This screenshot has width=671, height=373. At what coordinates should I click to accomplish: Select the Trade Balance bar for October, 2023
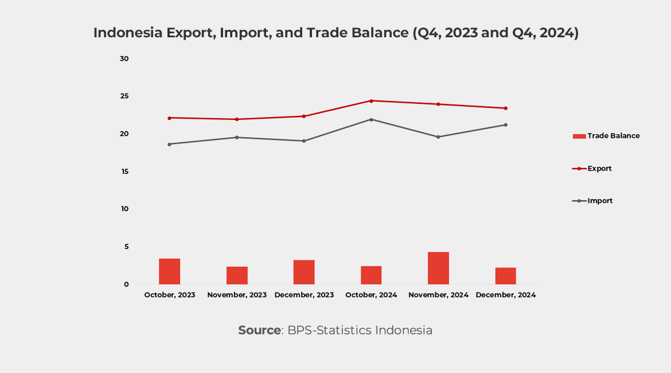169,271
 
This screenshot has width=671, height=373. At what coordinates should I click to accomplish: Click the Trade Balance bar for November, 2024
438,268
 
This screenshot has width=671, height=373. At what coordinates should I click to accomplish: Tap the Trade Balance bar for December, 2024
505,276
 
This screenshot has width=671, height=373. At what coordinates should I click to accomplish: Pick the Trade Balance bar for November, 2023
237,275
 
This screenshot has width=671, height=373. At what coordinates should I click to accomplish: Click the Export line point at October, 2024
371,101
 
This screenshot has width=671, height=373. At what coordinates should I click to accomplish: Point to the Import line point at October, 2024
371,119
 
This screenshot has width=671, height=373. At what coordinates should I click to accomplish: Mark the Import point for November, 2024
438,137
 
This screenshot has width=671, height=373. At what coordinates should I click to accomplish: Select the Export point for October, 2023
169,118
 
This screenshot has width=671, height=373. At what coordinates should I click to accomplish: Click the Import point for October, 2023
169,144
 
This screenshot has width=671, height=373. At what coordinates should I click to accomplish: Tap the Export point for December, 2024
505,108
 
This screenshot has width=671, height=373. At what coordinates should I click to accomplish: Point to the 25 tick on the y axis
124,96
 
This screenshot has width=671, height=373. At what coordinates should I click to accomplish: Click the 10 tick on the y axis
124,209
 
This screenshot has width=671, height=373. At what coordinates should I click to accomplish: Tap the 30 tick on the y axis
124,59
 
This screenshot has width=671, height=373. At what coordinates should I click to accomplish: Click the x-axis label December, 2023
304,295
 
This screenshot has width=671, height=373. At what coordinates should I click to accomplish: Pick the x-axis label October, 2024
371,295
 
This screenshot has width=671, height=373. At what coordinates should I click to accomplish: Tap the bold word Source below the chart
259,331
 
